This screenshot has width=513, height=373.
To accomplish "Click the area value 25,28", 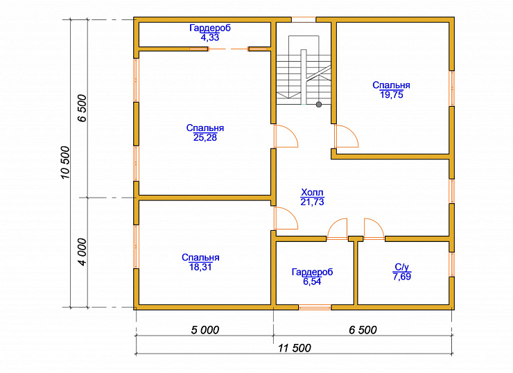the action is tap(205, 137).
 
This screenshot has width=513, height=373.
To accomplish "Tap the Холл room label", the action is tap(312, 192).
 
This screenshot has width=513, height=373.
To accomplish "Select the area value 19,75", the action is tap(391, 95).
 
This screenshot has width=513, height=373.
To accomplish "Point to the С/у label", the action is tap(402, 268).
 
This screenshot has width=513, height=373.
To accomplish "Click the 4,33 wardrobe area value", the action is tap(210, 37).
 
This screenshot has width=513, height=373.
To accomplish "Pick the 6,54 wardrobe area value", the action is tap(312, 281).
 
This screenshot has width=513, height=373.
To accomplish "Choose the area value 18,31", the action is tap(200, 267).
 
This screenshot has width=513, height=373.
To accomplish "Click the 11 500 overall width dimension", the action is tap(295, 348).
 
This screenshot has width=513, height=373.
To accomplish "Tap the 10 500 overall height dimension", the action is tap(65, 162).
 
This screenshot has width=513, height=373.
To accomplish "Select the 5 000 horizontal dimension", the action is tap(205, 330).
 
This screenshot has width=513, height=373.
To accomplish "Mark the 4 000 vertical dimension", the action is tap(82, 252).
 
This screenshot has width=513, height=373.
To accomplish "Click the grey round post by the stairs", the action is tap(319, 105).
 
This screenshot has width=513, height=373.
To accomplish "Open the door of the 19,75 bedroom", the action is tap(346, 136).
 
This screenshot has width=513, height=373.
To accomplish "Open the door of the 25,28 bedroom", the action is tap(286, 136).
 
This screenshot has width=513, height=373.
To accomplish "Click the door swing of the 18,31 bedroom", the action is tap(286, 218).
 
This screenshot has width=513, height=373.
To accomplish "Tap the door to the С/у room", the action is tap(374, 229).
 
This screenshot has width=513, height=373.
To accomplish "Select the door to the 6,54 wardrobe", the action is tap(338, 229).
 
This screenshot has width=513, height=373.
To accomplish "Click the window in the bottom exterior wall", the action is tap(315, 307).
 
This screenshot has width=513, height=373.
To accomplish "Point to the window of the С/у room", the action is tap(451, 264).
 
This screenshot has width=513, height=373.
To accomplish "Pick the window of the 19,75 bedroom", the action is tap(451, 88).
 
